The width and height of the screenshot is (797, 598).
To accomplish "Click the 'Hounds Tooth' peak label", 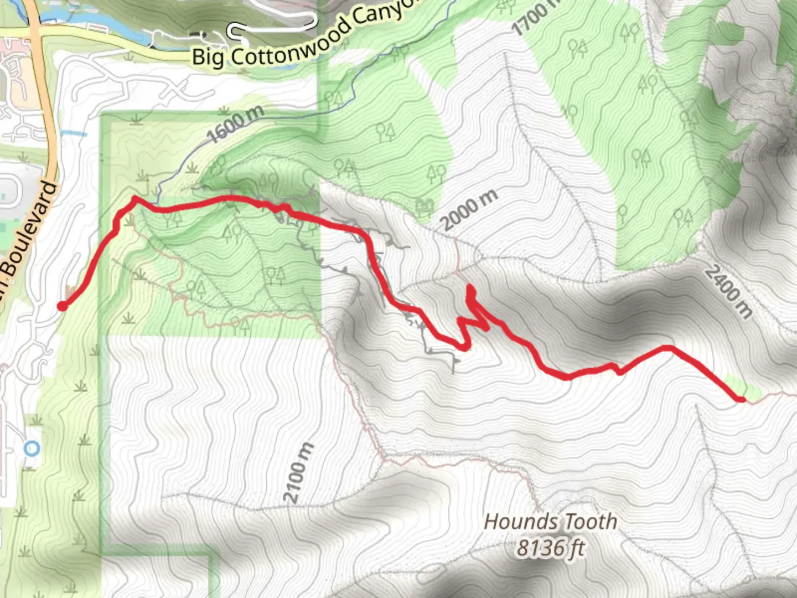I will click(550, 522).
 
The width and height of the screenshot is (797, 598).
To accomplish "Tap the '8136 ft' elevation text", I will click(550, 548).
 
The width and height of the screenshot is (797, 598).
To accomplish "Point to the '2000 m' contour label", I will click(470, 209).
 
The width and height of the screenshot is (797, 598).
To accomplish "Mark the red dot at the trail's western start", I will click(63, 306).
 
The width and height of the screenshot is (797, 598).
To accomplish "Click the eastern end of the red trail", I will click(741, 399).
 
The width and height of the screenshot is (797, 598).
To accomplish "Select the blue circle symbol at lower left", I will click(33, 448).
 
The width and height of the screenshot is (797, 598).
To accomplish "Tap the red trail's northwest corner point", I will click(134, 198).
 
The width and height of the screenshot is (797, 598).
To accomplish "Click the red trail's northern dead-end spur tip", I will click(470, 287).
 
